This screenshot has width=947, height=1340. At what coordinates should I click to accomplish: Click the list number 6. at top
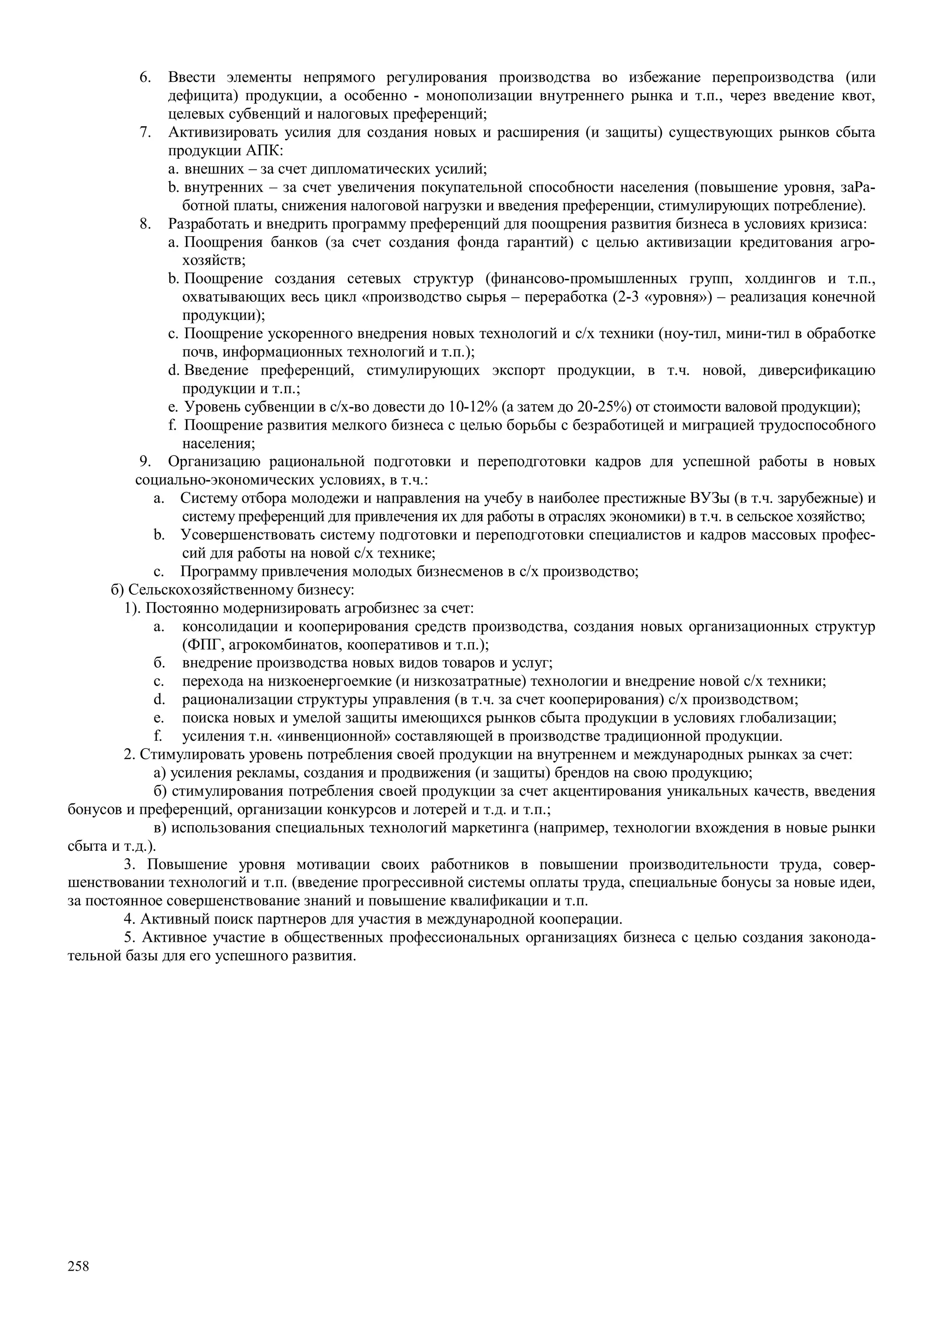(145, 78)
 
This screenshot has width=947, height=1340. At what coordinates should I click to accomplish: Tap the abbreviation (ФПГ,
(200, 645)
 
